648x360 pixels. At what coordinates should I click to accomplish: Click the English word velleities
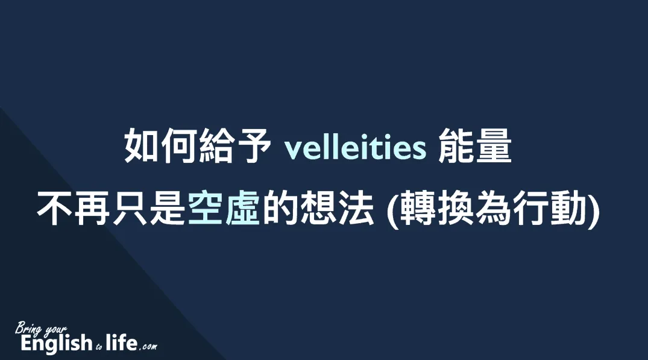[x=355, y=147]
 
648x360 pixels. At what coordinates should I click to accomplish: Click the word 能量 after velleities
[x=475, y=146]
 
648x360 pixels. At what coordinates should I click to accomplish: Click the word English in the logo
[x=57, y=344]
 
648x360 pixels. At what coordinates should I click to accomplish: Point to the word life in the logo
[x=121, y=343]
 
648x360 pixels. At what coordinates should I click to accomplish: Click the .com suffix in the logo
[x=148, y=346]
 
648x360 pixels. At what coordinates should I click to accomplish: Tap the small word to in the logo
[x=99, y=347]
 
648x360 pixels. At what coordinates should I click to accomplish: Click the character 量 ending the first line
[x=494, y=146]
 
